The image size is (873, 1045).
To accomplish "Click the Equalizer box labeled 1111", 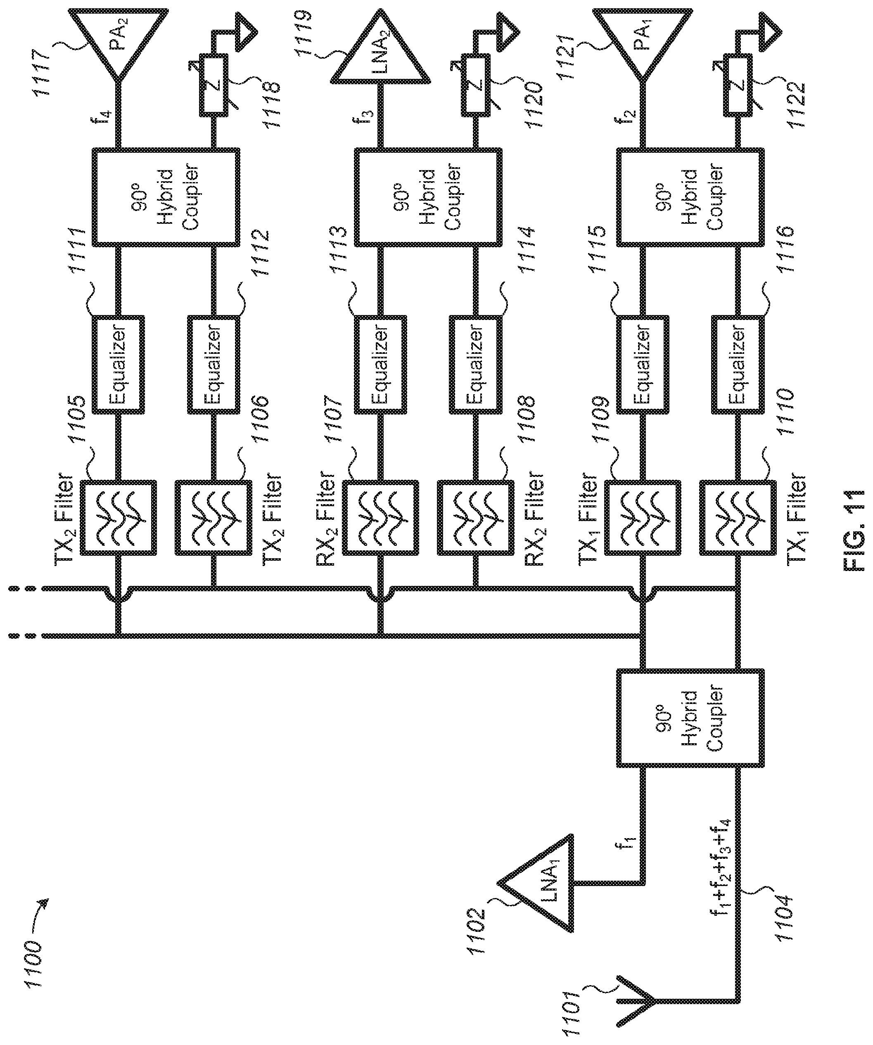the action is tap(119, 364).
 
